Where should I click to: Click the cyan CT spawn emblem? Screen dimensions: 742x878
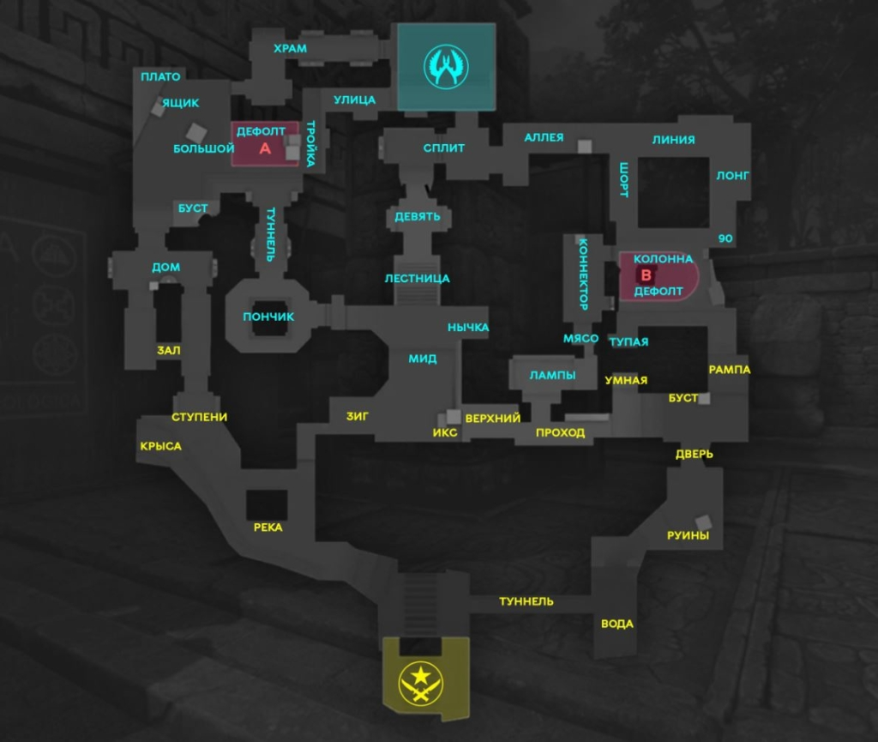pos(446,67)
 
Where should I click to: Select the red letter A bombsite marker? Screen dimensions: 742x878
pos(265,148)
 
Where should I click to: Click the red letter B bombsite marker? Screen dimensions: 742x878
pos(646,275)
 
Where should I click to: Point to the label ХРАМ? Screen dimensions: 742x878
pos(290,49)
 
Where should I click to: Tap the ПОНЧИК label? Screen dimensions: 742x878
pos(268,317)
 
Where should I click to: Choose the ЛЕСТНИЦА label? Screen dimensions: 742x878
pos(418,279)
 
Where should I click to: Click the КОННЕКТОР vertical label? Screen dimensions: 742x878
pos(583,274)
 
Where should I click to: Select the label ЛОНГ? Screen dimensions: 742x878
pos(733,176)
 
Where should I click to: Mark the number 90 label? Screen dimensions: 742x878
pos(725,238)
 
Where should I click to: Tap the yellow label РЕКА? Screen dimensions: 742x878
pos(268,528)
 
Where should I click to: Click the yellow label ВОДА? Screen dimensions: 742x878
pos(617,624)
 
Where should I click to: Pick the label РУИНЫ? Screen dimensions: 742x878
pos(689,536)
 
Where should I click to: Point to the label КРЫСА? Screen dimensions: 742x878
pos(160,446)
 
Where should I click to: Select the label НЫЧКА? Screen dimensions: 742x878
pos(468,328)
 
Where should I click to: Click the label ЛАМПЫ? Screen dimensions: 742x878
pos(552,375)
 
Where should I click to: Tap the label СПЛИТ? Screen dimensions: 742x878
pos(444,148)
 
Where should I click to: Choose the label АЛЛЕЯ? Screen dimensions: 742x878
pos(544,137)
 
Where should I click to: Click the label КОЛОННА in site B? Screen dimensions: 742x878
pos(663,258)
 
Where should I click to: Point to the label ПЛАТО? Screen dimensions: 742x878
pos(161,77)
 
